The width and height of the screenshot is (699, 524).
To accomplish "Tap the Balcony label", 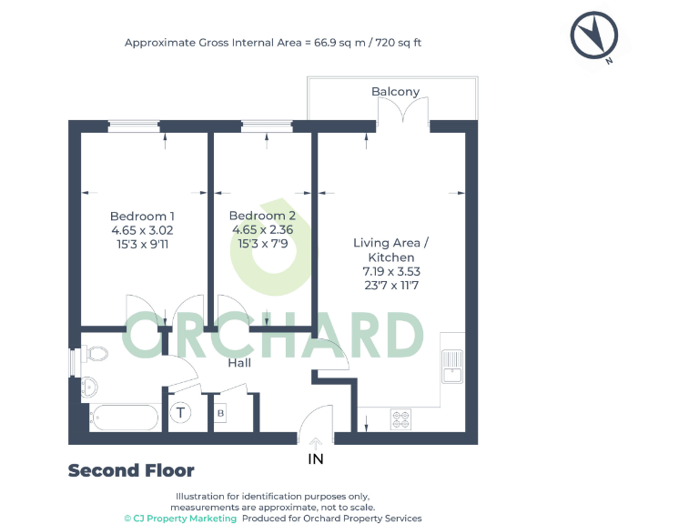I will pos(395,92).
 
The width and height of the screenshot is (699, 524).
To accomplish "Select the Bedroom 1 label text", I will pos(142,216).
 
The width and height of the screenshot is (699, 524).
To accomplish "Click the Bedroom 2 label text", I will pos(262,216).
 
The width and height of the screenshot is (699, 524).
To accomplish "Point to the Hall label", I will pos(239,363).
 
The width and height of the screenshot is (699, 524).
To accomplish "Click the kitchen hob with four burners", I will pos(401,418).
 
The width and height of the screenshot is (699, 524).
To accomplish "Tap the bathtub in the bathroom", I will pos(125,418).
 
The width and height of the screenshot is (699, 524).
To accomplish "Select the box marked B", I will pos(220,414).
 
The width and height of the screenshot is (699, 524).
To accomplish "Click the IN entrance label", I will pos(316,458).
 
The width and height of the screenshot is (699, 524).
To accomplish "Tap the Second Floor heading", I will pos(131,470).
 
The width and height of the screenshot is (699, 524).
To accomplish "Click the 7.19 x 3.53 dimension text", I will pos(390,271).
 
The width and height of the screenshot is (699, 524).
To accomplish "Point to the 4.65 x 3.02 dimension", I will pos(142,230).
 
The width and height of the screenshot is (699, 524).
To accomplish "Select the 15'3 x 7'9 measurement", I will pos(262,245).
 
